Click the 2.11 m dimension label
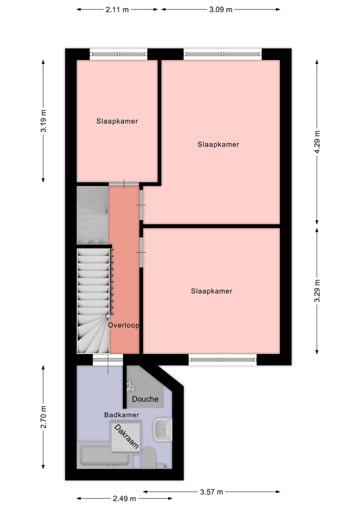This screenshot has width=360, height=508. pos(117,9)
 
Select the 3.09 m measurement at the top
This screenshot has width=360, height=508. pos(220,9)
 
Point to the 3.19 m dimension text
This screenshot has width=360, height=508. pos(44,121)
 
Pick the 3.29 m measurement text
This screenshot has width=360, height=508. pos(317,291)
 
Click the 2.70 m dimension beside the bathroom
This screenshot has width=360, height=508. pos(44,418)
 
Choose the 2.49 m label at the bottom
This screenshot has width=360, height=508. pos(124,498)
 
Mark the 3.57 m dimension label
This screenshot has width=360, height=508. pos(210,492)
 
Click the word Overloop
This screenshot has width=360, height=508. pos(123,325)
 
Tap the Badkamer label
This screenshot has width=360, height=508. pos(121,415)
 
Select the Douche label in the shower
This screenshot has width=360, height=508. pos(145,399)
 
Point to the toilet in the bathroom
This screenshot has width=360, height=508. pos(148,458)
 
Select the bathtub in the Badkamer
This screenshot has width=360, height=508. pos(105,455)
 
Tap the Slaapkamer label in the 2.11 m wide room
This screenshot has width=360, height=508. pos(117,121)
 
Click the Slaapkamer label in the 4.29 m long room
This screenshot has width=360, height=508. pos(218,144)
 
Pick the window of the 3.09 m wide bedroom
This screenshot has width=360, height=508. pos(222,54)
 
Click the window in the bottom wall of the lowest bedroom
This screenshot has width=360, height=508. pos(222,359)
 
